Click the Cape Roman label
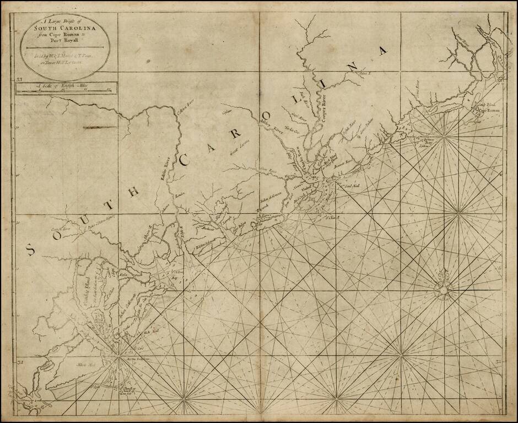pyautogui.click(x=489, y=111)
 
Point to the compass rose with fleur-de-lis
pyautogui.click(x=443, y=286)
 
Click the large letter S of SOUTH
pyautogui.click(x=30, y=250)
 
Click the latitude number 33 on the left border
pyautogui.click(x=19, y=80)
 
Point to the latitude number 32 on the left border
pyautogui.click(x=19, y=362)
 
